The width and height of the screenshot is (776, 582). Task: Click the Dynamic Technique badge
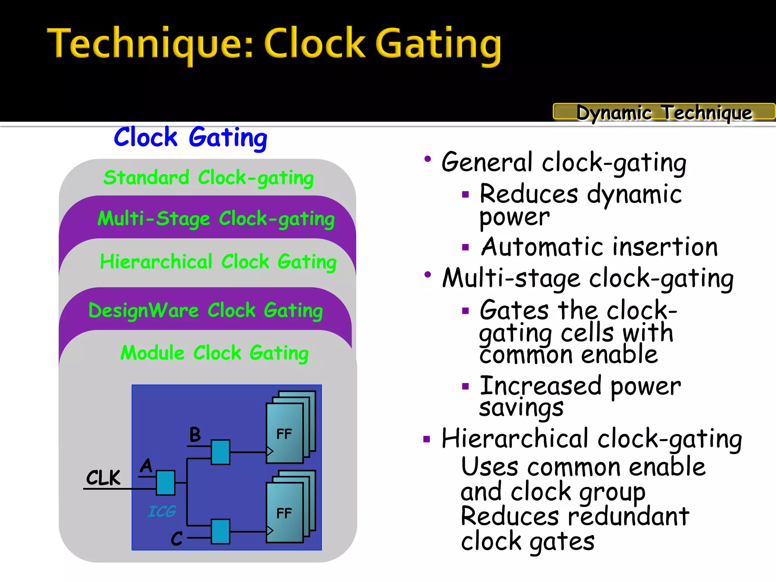pos(664,112)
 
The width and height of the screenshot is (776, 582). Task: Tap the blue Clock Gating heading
pos(191,137)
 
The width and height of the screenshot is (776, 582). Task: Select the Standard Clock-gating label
pos(208,178)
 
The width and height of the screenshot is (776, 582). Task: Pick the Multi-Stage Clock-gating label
pos(216,219)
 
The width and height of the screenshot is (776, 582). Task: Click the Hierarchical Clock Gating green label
pos(218,262)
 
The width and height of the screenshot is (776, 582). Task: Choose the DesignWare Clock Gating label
pos(205,311)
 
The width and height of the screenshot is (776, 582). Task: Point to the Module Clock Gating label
pos(214,353)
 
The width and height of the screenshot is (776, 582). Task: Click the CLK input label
pos(103,477)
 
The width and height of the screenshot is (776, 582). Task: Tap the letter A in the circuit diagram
pos(146,466)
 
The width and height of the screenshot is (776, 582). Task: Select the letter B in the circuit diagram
pos(195,435)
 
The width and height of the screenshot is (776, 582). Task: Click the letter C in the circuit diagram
pos(177,538)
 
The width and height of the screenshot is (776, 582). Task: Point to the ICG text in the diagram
pos(162,512)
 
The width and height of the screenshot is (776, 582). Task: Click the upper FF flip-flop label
pos(284,434)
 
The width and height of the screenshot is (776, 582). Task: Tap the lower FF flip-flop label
pos(284,513)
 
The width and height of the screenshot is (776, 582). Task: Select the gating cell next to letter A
pos(166,483)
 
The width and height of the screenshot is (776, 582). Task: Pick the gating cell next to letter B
pos(221,452)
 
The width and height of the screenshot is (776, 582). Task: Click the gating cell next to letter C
pos(221,532)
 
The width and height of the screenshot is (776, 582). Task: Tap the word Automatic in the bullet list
pos(542,247)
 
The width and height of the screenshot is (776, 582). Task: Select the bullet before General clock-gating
pos(427,159)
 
